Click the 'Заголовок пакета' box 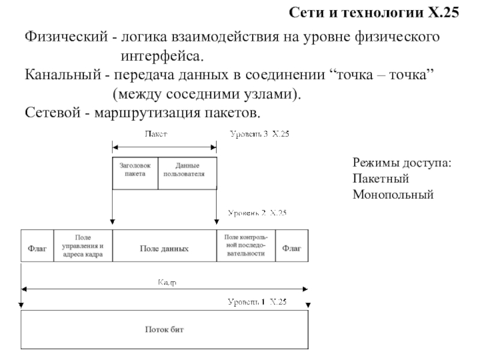pyautogui.click(x=135, y=170)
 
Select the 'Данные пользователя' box pyautogui.click(x=187, y=170)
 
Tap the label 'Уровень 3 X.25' pyautogui.click(x=260, y=135)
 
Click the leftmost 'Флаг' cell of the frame pyautogui.click(x=37, y=246)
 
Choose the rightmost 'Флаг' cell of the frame pyautogui.click(x=292, y=246)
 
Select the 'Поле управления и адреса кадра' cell pyautogui.click(x=83, y=246)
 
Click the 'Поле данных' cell pyautogui.click(x=164, y=247)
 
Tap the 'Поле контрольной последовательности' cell pyautogui.click(x=246, y=246)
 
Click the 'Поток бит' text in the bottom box pyautogui.click(x=164, y=329)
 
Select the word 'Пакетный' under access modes pyautogui.click(x=380, y=179)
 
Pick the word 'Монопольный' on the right pyautogui.click(x=392, y=194)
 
